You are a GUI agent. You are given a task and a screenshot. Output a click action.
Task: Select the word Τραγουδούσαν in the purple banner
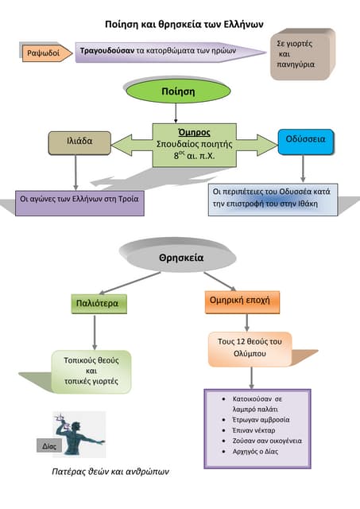click(x=107, y=51)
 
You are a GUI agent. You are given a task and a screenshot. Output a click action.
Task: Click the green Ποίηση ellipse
click(x=178, y=91)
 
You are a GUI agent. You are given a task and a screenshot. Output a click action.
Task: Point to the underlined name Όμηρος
click(x=194, y=133)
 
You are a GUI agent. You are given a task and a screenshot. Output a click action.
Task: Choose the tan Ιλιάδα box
click(x=79, y=143)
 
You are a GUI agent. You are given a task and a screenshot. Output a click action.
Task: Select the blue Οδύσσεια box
click(x=305, y=142)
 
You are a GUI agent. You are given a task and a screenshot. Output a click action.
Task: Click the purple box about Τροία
click(x=79, y=203)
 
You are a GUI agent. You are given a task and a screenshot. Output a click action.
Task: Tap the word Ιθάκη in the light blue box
click(x=308, y=204)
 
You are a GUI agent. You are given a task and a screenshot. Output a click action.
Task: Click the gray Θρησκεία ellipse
click(x=181, y=258)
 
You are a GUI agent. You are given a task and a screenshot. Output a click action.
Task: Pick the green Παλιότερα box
click(x=99, y=304)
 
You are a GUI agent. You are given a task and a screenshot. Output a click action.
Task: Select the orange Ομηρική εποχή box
click(x=242, y=302)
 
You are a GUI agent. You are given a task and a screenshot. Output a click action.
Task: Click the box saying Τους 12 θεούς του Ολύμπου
click(x=250, y=349)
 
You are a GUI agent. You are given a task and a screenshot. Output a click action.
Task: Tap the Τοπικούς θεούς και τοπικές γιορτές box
click(x=91, y=371)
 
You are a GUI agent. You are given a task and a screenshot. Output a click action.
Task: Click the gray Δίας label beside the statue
click(x=49, y=446)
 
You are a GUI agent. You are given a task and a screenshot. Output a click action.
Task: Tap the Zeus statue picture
click(x=79, y=434)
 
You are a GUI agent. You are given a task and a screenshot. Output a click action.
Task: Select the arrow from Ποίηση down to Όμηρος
click(x=176, y=113)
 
